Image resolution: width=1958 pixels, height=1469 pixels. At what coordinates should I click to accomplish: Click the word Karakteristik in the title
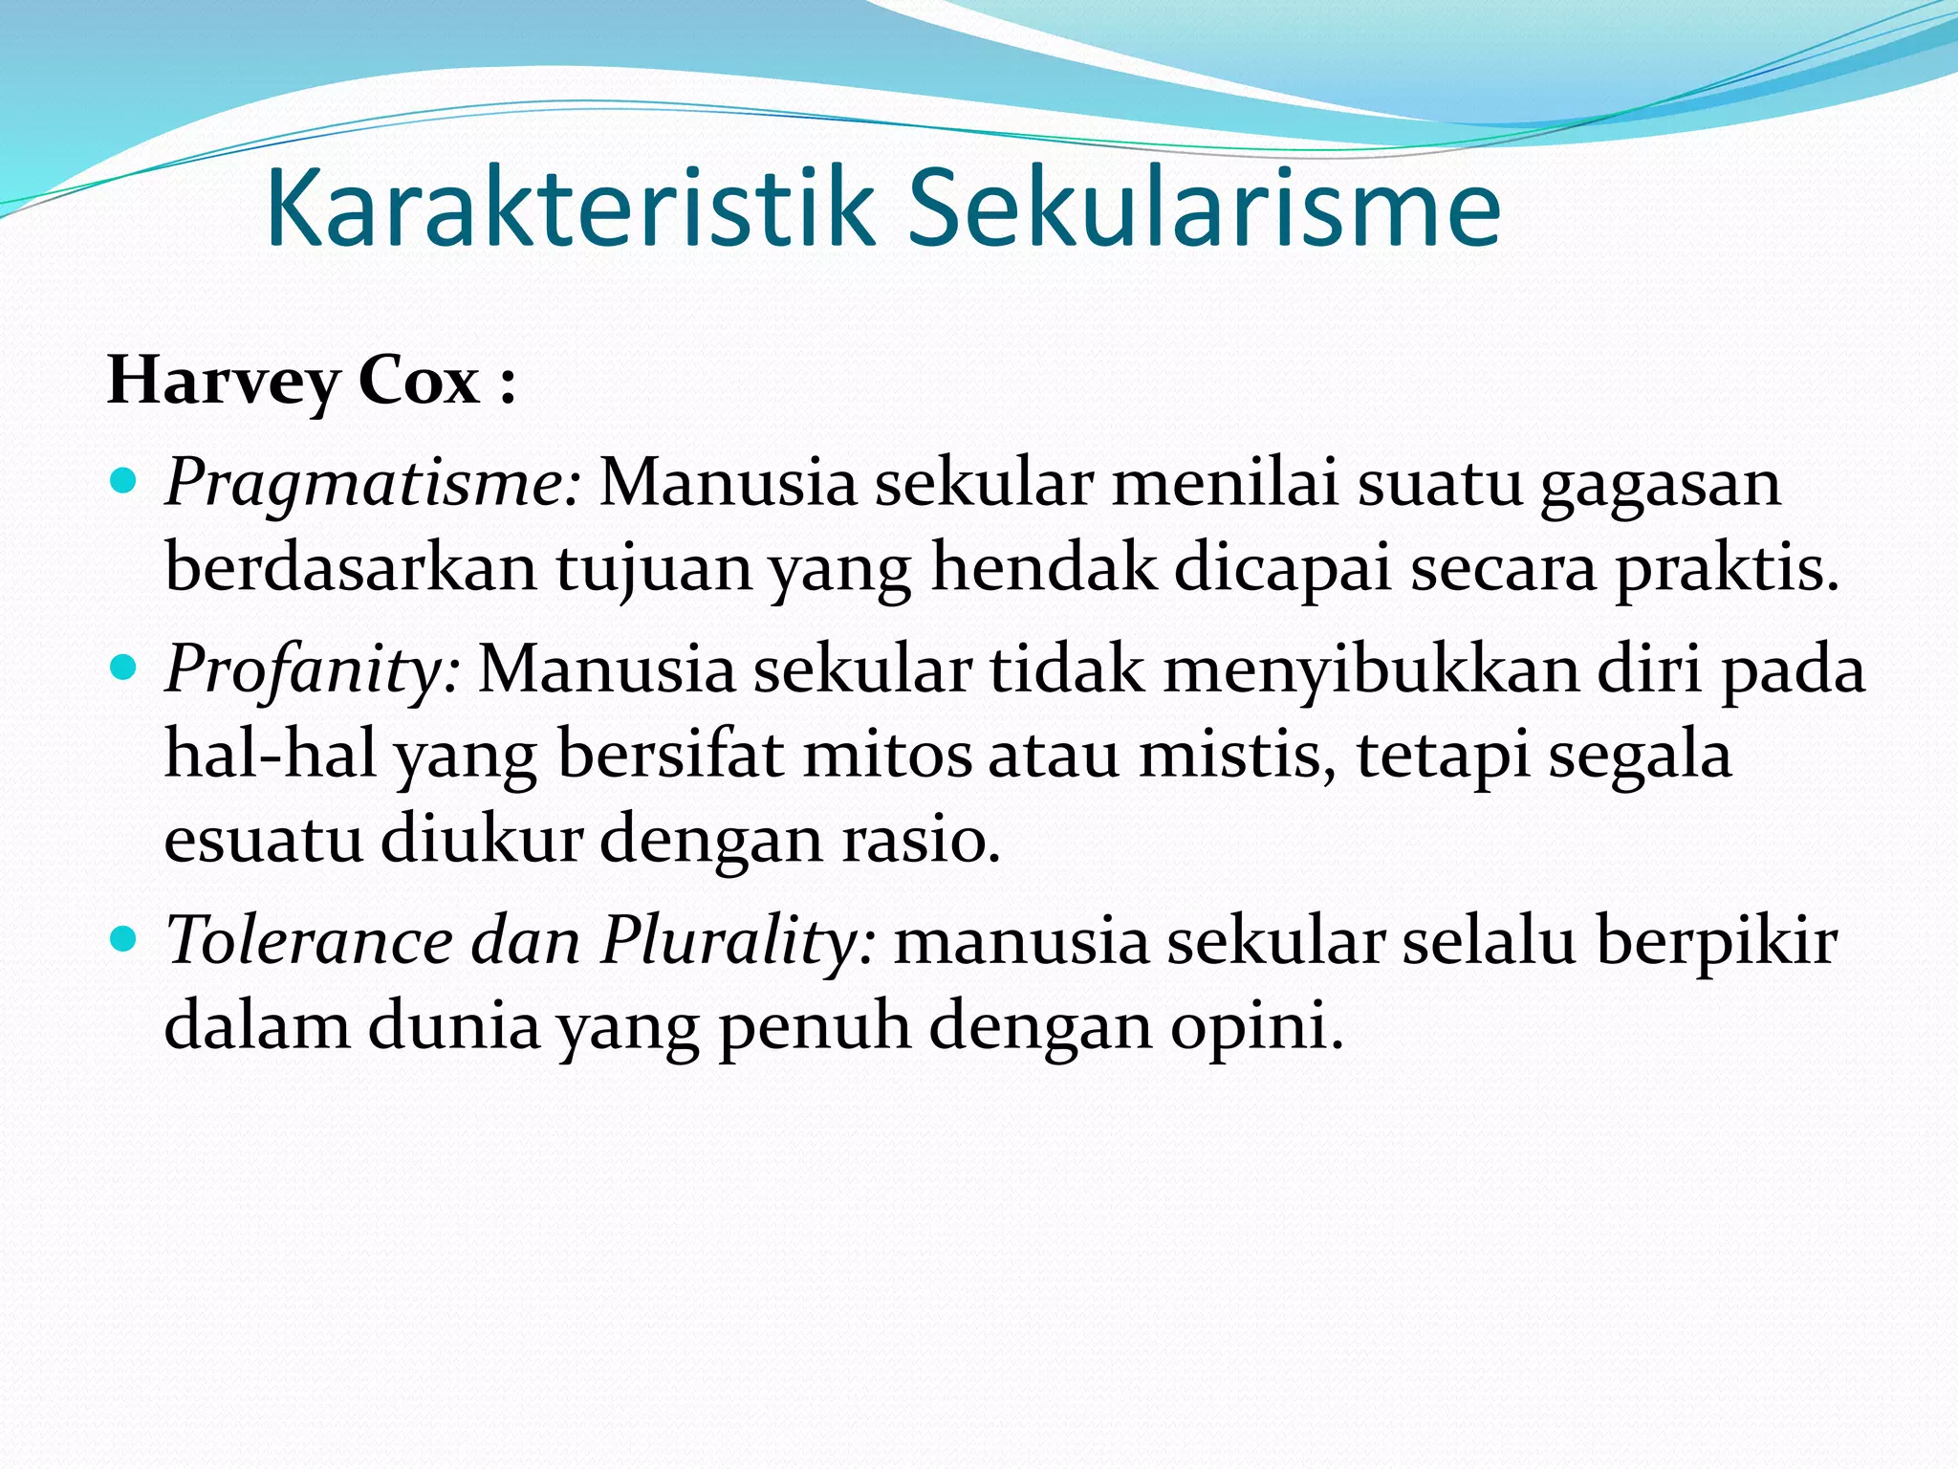pyautogui.click(x=570, y=208)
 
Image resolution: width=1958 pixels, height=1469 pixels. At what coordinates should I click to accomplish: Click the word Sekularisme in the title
pyautogui.click(x=1204, y=208)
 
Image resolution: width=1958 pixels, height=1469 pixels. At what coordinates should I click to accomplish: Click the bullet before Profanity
pyautogui.click(x=125, y=663)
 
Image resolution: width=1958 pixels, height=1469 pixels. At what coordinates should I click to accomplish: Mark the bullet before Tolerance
pyautogui.click(x=125, y=934)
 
